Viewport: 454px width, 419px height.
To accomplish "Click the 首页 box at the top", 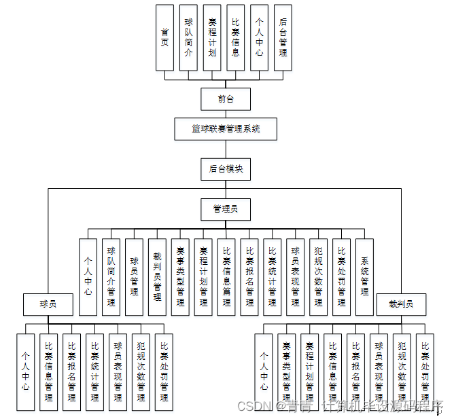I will pyautogui.click(x=164, y=37).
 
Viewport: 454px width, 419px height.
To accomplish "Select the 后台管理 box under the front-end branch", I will pyautogui.click(x=283, y=37).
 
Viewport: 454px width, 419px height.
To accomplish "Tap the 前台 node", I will pyautogui.click(x=226, y=99).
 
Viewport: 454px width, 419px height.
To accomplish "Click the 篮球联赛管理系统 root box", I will pyautogui.click(x=226, y=129).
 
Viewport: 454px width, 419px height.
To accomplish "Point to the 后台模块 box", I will pyautogui.click(x=226, y=169).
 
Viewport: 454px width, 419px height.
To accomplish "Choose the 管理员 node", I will pyautogui.click(x=226, y=209).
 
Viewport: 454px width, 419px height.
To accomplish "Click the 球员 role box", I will pyautogui.click(x=48, y=304).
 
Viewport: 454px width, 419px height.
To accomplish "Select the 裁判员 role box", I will pyautogui.click(x=401, y=304).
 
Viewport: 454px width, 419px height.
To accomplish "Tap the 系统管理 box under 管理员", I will pyautogui.click(x=365, y=276).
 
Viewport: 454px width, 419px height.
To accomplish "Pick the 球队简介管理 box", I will pyautogui.click(x=111, y=276).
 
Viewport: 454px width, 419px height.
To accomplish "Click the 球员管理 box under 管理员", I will pyautogui.click(x=135, y=276).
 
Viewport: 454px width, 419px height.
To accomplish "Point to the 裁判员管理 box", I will pyautogui.click(x=157, y=276).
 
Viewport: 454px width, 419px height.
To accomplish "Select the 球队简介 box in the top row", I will pyautogui.click(x=188, y=37).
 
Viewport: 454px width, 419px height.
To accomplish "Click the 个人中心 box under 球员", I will pyautogui.click(x=26, y=371).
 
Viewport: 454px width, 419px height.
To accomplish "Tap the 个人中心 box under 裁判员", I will pyautogui.click(x=264, y=371).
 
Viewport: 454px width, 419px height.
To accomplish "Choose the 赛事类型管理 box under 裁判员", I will pyautogui.click(x=287, y=371).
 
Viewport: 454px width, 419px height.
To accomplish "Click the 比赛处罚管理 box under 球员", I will pyautogui.click(x=164, y=371).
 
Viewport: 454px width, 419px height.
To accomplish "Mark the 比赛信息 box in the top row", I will pyautogui.click(x=235, y=37).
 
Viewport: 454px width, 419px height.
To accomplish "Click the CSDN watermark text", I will pyautogui.click(x=254, y=405).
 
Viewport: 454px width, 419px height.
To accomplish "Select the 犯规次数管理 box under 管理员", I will pyautogui.click(x=318, y=276).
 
